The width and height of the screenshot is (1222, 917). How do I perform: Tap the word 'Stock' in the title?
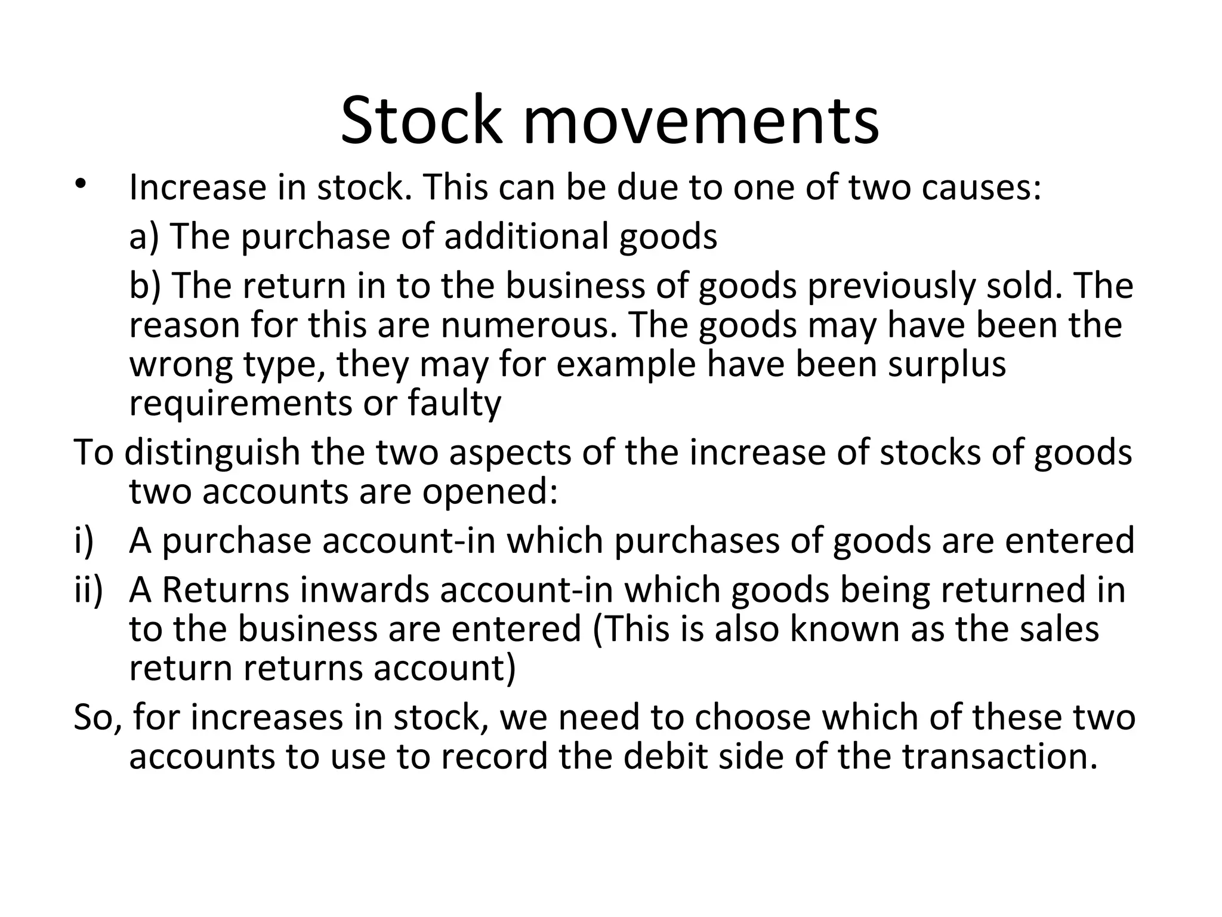tap(421, 121)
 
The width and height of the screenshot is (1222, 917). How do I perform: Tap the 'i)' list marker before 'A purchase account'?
tap(84, 540)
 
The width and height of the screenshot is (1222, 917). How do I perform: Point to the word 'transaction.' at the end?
tap(999, 756)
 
